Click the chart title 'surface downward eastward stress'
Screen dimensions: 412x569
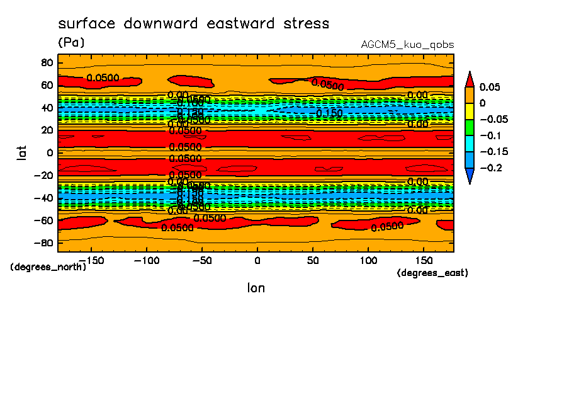[193, 24]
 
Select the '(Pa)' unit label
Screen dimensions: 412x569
[71, 43]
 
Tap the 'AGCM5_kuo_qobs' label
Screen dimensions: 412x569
[407, 45]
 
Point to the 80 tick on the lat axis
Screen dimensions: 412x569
[46, 62]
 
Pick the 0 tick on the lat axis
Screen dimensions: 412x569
[49, 152]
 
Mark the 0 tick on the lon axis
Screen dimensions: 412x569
[257, 260]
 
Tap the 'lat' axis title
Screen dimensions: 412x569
[22, 151]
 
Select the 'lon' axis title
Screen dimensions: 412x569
[256, 288]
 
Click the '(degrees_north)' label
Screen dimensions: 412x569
[48, 267]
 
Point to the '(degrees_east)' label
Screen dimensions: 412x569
[432, 273]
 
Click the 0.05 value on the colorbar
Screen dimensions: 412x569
[490, 87]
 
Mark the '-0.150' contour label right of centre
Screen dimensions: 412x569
[329, 113]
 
